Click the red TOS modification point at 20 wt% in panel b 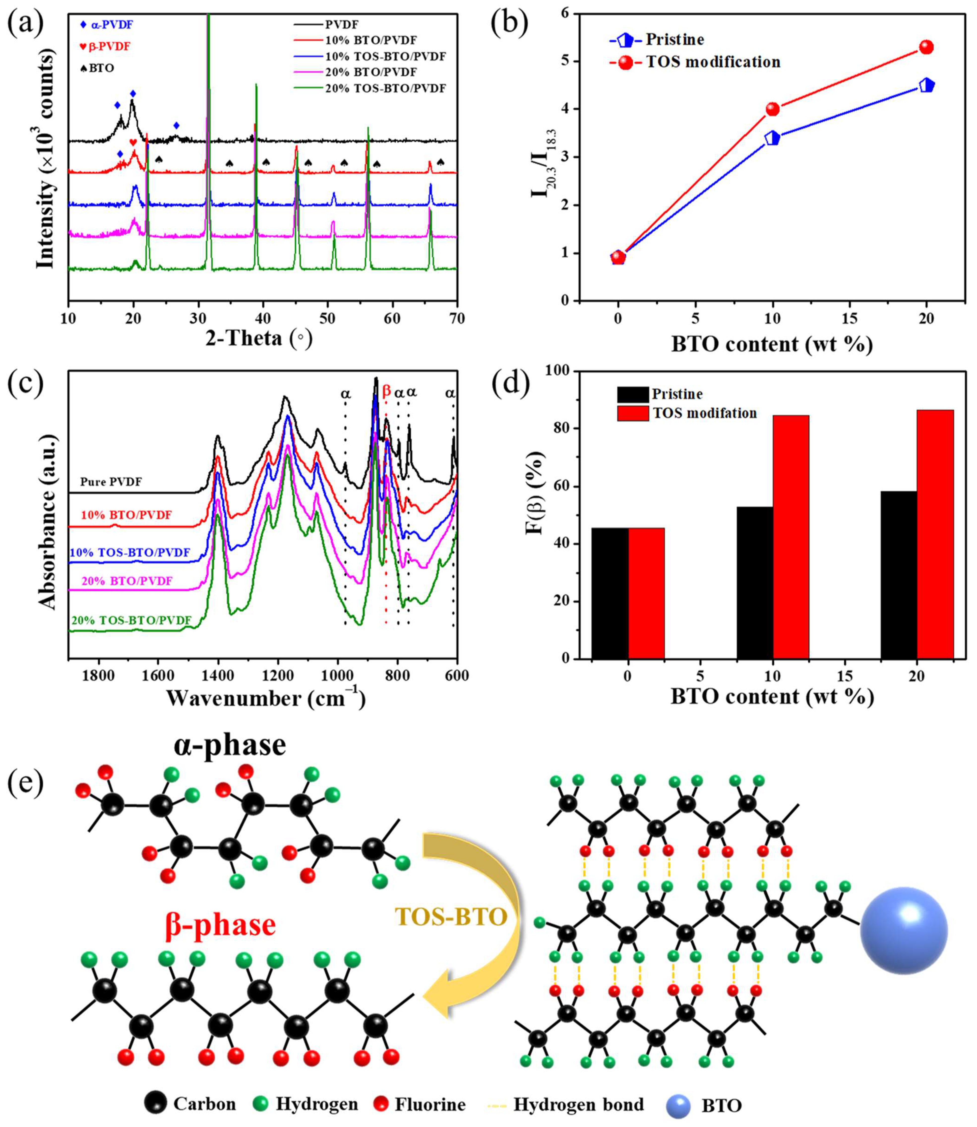point(926,47)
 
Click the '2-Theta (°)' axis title point(259,338)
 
